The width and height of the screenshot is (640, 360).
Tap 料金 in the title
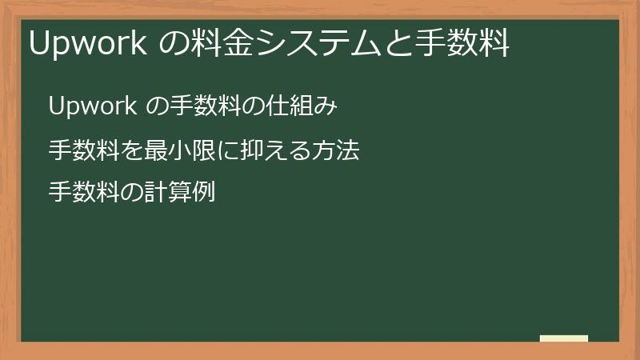coord(222,43)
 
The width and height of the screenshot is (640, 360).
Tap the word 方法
coord(336,150)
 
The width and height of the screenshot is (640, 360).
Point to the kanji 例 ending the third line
coord(204,193)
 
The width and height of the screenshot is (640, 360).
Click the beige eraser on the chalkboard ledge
coord(564,338)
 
